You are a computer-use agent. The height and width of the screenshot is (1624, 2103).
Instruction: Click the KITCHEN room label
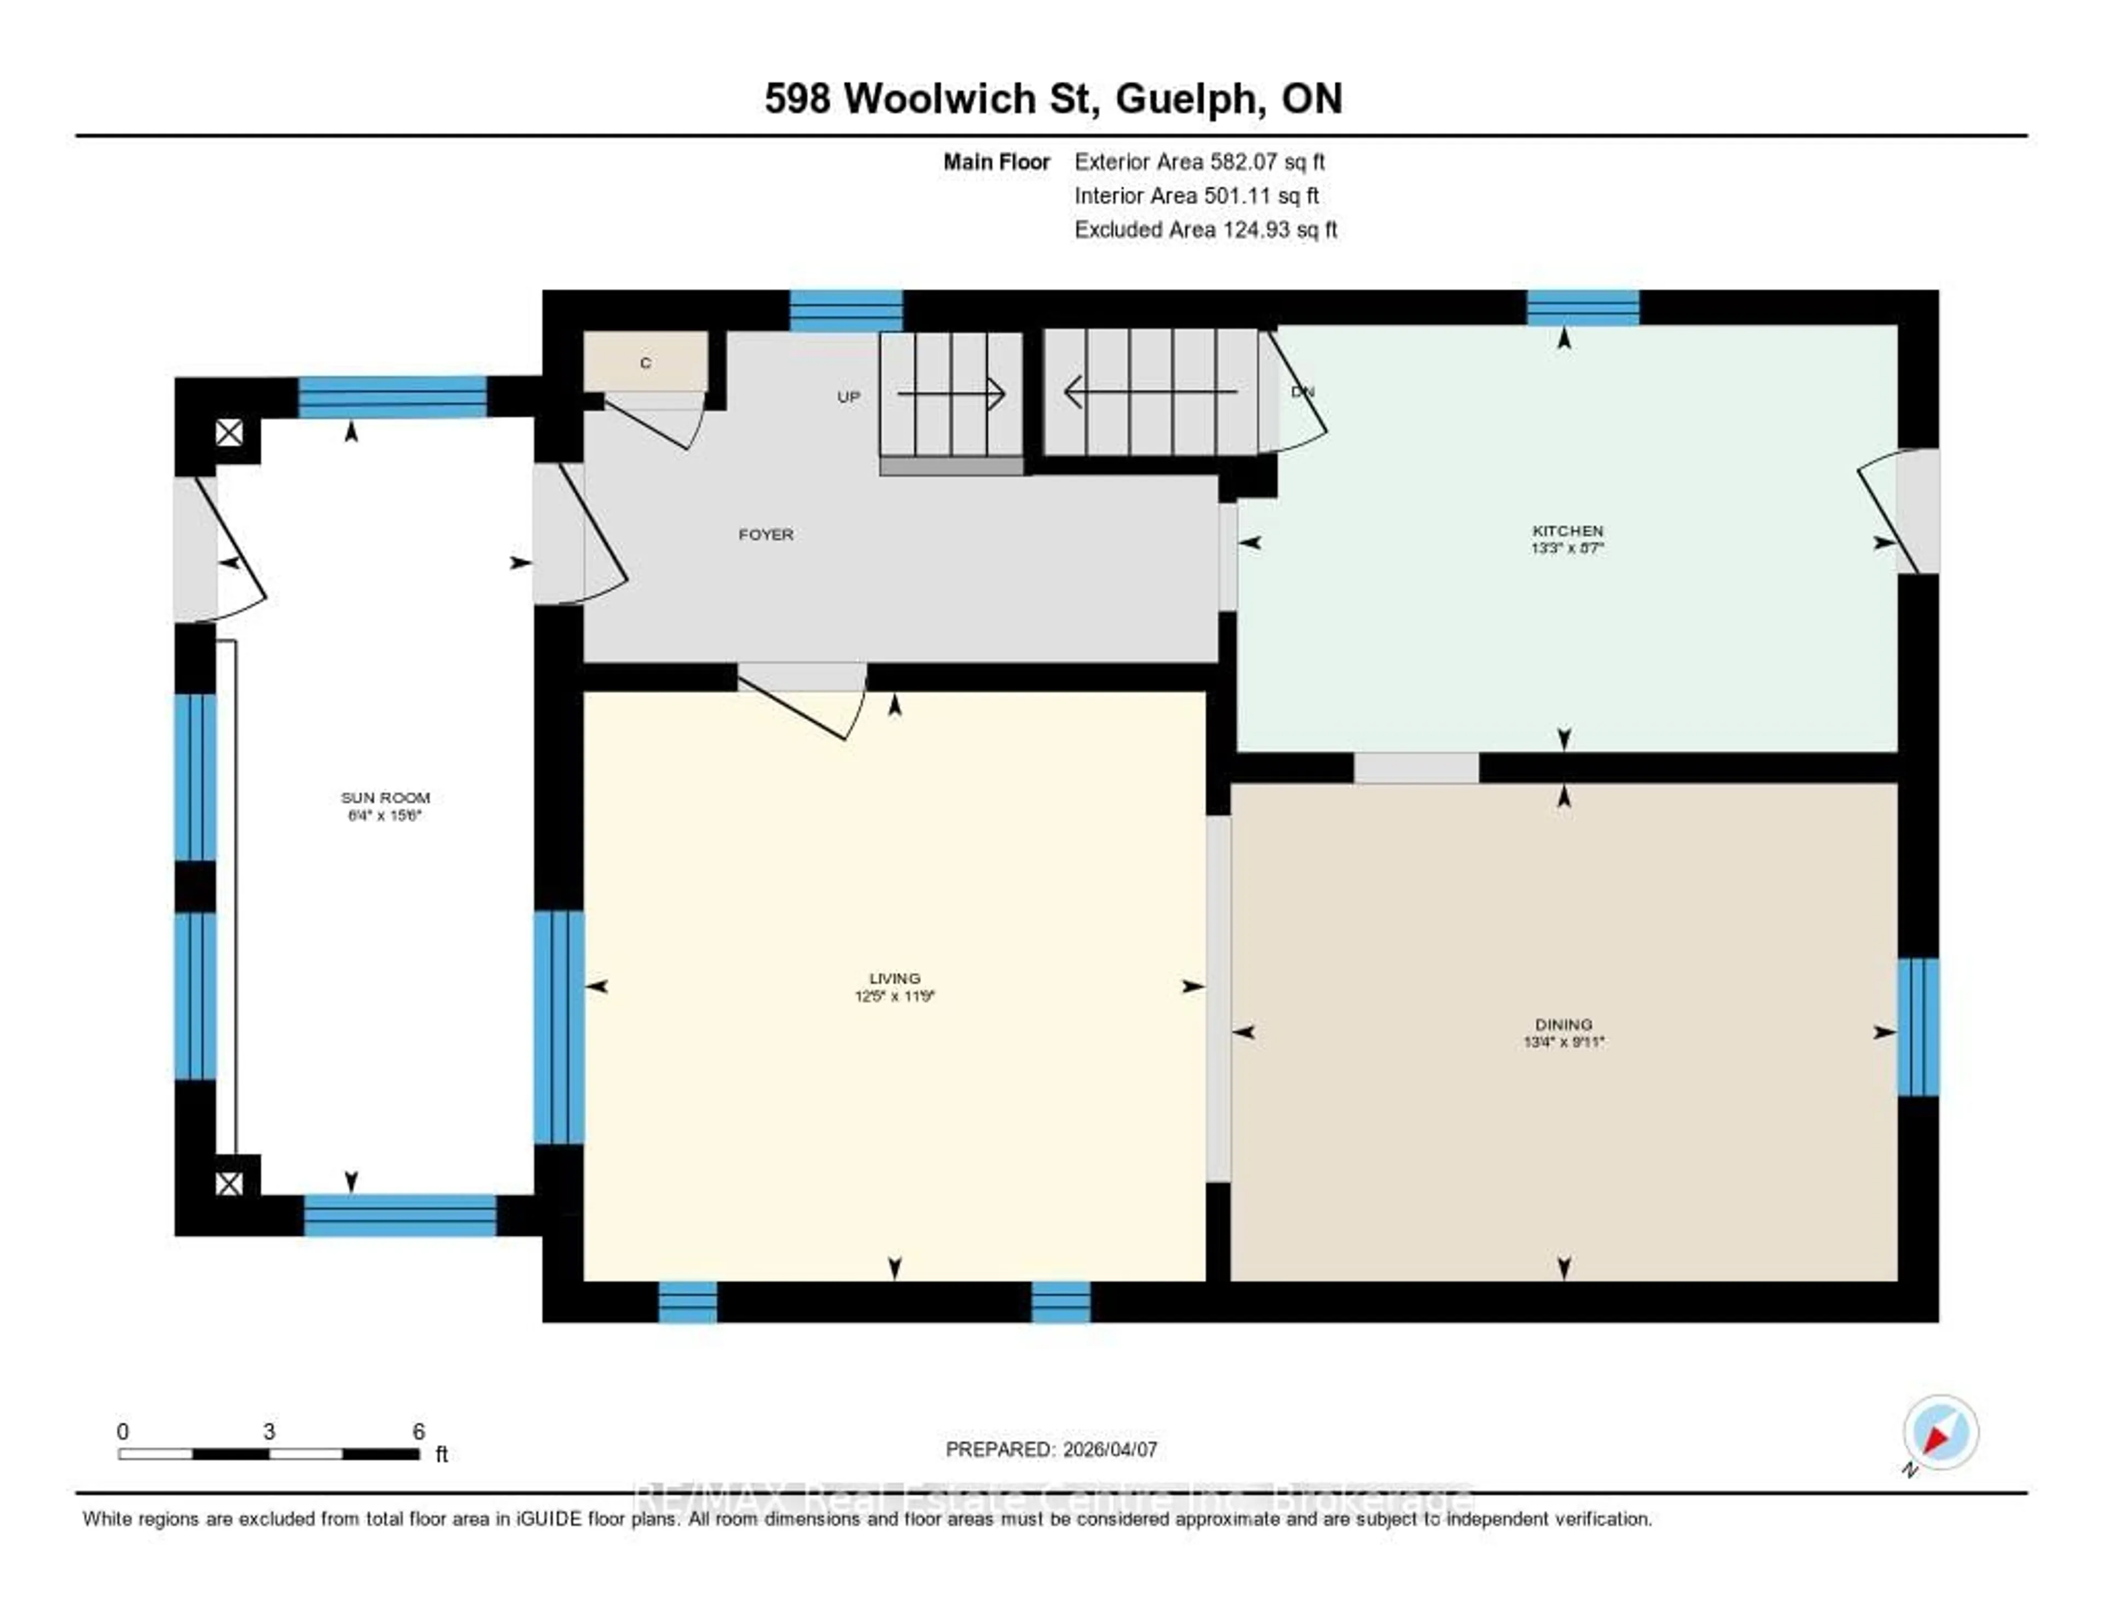1567,531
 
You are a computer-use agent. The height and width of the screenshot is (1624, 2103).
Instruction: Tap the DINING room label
1564,1024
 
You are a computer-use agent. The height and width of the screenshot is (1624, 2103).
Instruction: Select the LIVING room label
894,978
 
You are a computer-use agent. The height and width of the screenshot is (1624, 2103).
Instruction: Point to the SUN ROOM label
385,797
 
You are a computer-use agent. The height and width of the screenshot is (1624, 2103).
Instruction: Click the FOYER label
766,534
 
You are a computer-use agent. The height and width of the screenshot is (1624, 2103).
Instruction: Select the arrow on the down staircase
1151,392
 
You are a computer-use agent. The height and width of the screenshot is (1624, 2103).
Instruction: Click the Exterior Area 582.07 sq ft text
1199,162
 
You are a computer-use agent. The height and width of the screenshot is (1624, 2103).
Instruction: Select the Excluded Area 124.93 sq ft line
1205,229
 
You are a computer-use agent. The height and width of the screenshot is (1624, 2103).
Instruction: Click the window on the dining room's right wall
1917,1027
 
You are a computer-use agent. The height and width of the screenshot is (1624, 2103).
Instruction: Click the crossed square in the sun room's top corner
229,432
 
